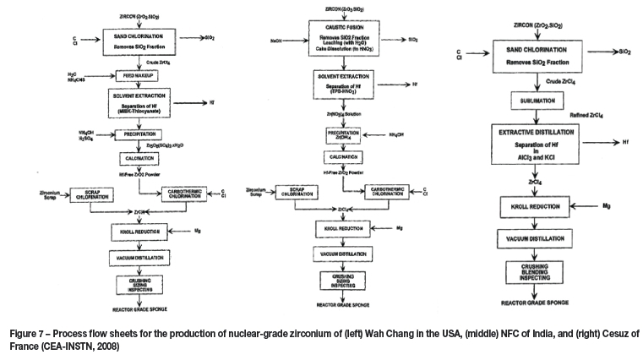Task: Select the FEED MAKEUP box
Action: click(136, 75)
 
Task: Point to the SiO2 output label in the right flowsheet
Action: click(624, 52)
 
